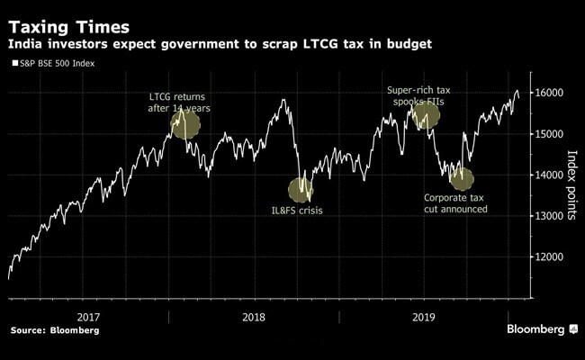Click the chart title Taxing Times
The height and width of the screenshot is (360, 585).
click(x=69, y=22)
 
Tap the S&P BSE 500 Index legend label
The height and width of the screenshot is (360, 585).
click(x=58, y=64)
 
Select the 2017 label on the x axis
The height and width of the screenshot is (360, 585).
click(x=88, y=317)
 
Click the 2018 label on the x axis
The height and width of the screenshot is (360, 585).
click(x=254, y=317)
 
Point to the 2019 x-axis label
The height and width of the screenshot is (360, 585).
click(x=422, y=317)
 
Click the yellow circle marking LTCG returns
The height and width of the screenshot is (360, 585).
click(x=184, y=124)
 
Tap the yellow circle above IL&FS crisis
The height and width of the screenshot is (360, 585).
click(x=301, y=190)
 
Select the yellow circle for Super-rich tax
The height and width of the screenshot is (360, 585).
click(x=425, y=115)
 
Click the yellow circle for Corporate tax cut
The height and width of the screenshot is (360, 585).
click(x=462, y=177)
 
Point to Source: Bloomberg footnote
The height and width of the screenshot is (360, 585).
click(x=55, y=331)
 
